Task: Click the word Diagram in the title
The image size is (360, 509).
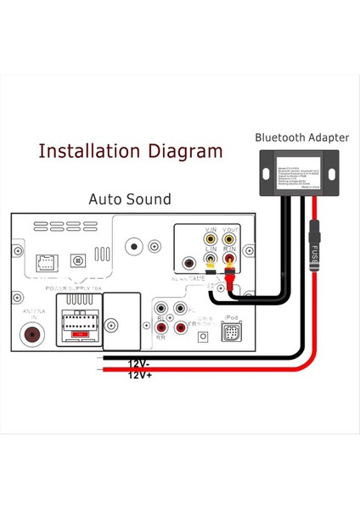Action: (183, 152)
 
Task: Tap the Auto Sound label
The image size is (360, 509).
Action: (129, 199)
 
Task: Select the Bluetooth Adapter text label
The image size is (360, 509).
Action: (295, 137)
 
